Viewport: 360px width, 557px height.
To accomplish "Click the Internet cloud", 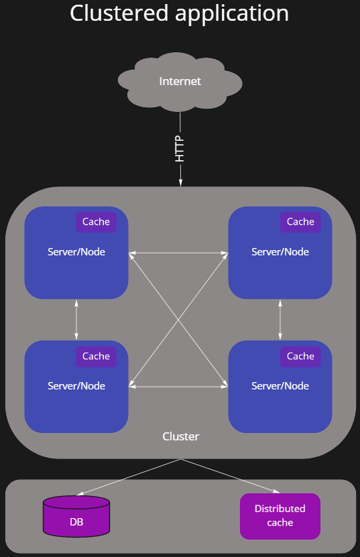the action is point(180,82).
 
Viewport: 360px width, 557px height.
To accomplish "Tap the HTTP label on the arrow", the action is point(180,149).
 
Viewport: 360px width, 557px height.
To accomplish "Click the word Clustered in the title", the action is point(119,13).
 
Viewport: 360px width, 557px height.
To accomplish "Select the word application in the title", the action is point(232,15).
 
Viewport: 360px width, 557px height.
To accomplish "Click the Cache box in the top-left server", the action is point(96,222).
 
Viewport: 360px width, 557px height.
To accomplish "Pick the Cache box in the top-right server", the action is point(300,222).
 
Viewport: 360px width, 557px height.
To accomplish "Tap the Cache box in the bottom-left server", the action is point(96,357).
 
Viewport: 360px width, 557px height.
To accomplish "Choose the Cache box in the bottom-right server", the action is point(300,357).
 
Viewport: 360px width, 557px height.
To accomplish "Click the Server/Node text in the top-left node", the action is point(76,252).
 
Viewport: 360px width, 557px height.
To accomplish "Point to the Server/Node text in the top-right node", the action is point(280,252).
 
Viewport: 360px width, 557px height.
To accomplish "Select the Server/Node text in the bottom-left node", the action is point(76,386).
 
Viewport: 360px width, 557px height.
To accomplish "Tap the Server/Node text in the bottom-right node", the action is point(280,386).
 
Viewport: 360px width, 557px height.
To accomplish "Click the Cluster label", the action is point(180,436).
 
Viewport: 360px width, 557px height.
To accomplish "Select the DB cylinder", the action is point(76,516).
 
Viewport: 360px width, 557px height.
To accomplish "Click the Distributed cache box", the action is point(280,516).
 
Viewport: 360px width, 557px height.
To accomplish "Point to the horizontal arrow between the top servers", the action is point(178,253).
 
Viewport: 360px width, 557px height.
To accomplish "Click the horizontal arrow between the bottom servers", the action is point(178,387).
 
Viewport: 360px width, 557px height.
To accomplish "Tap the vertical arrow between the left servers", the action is point(76,320).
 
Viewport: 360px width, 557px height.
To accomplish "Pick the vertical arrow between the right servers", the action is point(280,320).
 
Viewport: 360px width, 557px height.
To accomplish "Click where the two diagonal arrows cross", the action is point(178,320).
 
